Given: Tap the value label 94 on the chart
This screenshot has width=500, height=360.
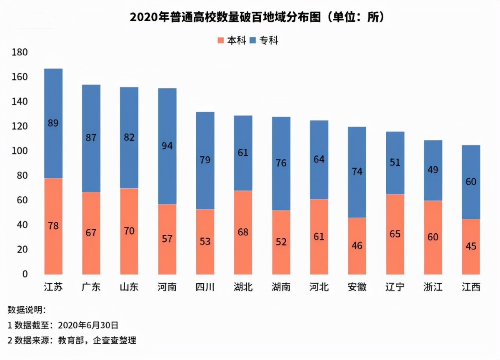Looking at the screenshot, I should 167,146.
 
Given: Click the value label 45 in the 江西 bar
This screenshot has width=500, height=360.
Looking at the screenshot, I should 471,246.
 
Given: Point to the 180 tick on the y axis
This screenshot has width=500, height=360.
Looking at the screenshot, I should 20,52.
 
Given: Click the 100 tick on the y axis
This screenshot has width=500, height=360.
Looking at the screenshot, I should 20,151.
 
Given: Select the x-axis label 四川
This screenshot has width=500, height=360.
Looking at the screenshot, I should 205,287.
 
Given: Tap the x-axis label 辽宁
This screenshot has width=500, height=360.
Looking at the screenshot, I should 395,287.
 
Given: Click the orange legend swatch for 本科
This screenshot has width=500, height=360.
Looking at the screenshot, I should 221,40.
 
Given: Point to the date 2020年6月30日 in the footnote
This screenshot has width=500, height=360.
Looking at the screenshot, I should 88,325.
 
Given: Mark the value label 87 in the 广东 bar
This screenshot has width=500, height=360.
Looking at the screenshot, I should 91,137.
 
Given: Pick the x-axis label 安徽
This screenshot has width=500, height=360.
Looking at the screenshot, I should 357,287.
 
